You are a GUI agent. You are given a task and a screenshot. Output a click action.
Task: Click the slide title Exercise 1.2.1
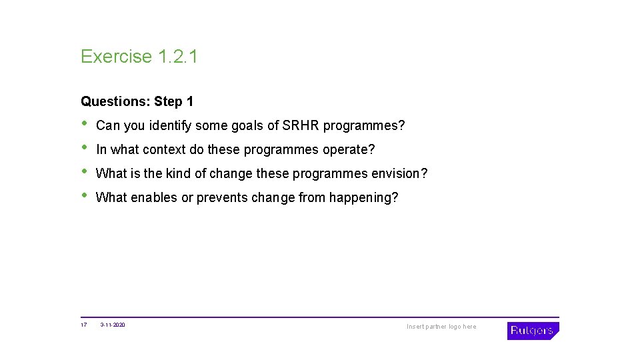pos(139,57)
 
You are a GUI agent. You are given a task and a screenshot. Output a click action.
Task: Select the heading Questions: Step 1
pos(137,102)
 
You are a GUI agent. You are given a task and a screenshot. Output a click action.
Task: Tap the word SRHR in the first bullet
pos(301,126)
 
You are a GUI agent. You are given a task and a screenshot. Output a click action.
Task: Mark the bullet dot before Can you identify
pos(84,124)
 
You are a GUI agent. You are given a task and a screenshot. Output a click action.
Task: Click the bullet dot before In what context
pos(84,148)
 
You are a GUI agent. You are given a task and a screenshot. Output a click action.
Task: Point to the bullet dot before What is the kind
pos(84,172)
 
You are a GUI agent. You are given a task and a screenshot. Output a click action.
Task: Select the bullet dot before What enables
pos(84,196)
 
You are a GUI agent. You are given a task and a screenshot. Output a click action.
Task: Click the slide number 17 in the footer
pos(84,325)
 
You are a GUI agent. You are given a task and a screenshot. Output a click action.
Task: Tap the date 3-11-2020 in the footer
pos(113,325)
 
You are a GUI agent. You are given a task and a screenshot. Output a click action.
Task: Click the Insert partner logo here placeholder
pos(441,327)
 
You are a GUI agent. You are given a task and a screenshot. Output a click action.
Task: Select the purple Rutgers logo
pos(533,331)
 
